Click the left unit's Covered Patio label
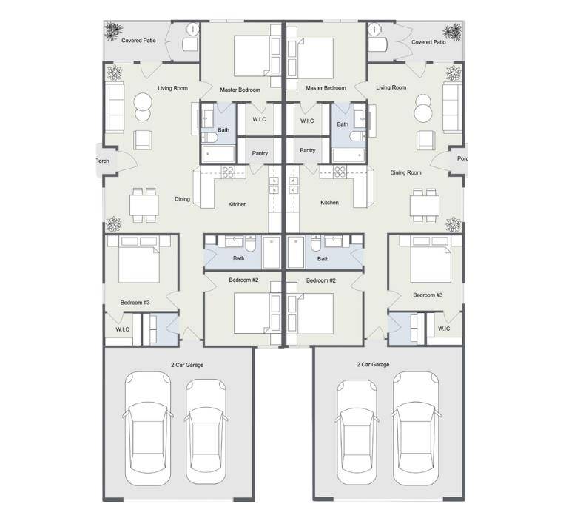point(138,41)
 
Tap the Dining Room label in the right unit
point(405,172)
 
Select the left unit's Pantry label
point(260,153)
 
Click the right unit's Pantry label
point(308,150)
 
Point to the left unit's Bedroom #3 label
point(135,303)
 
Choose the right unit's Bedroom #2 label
point(321,280)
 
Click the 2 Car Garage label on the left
point(187,365)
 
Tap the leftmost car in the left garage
point(148,428)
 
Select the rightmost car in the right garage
point(416,428)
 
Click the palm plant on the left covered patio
point(113,31)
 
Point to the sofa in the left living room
point(115,108)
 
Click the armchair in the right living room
point(425,141)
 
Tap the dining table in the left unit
point(144,205)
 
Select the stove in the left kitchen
point(228,172)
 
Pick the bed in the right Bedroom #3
point(431,260)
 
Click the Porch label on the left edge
point(102,161)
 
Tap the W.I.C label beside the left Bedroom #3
point(122,329)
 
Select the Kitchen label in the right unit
point(329,203)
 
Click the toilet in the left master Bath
point(209,138)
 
